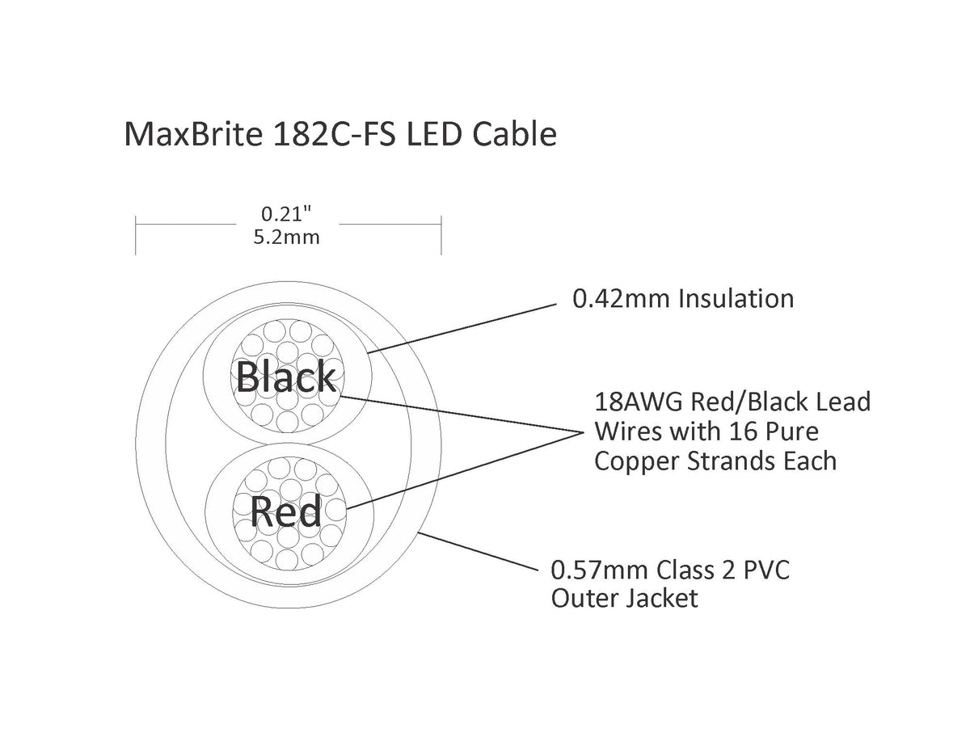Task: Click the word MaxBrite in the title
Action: tap(193, 134)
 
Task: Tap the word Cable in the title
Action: tap(515, 134)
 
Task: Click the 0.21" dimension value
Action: tap(285, 215)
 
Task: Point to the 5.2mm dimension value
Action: tap(287, 238)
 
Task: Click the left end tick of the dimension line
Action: tap(136, 235)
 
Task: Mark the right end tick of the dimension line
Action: tap(441, 235)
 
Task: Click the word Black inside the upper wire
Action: tap(285, 377)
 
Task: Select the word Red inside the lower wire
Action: tap(285, 511)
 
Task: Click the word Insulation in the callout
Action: tap(736, 298)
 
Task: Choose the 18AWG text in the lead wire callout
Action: tap(639, 402)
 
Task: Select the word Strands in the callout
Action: tap(732, 461)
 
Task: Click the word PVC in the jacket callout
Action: tap(766, 570)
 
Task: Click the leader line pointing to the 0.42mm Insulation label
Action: tap(462, 329)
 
